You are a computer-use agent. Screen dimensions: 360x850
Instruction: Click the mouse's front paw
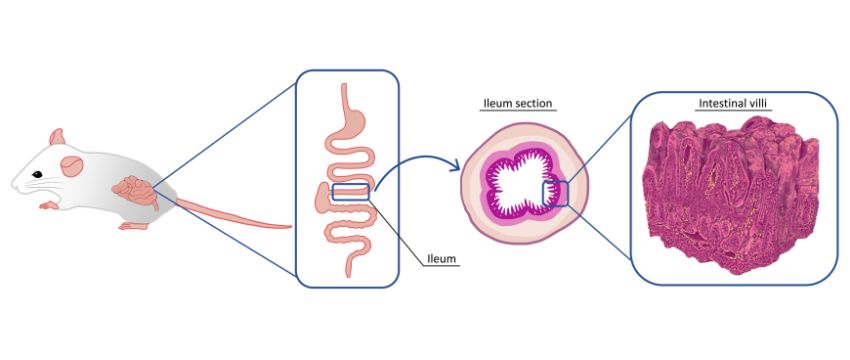49,206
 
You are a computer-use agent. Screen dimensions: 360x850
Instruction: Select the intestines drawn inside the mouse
135,190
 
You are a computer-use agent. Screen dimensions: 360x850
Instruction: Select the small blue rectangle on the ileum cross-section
555,193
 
